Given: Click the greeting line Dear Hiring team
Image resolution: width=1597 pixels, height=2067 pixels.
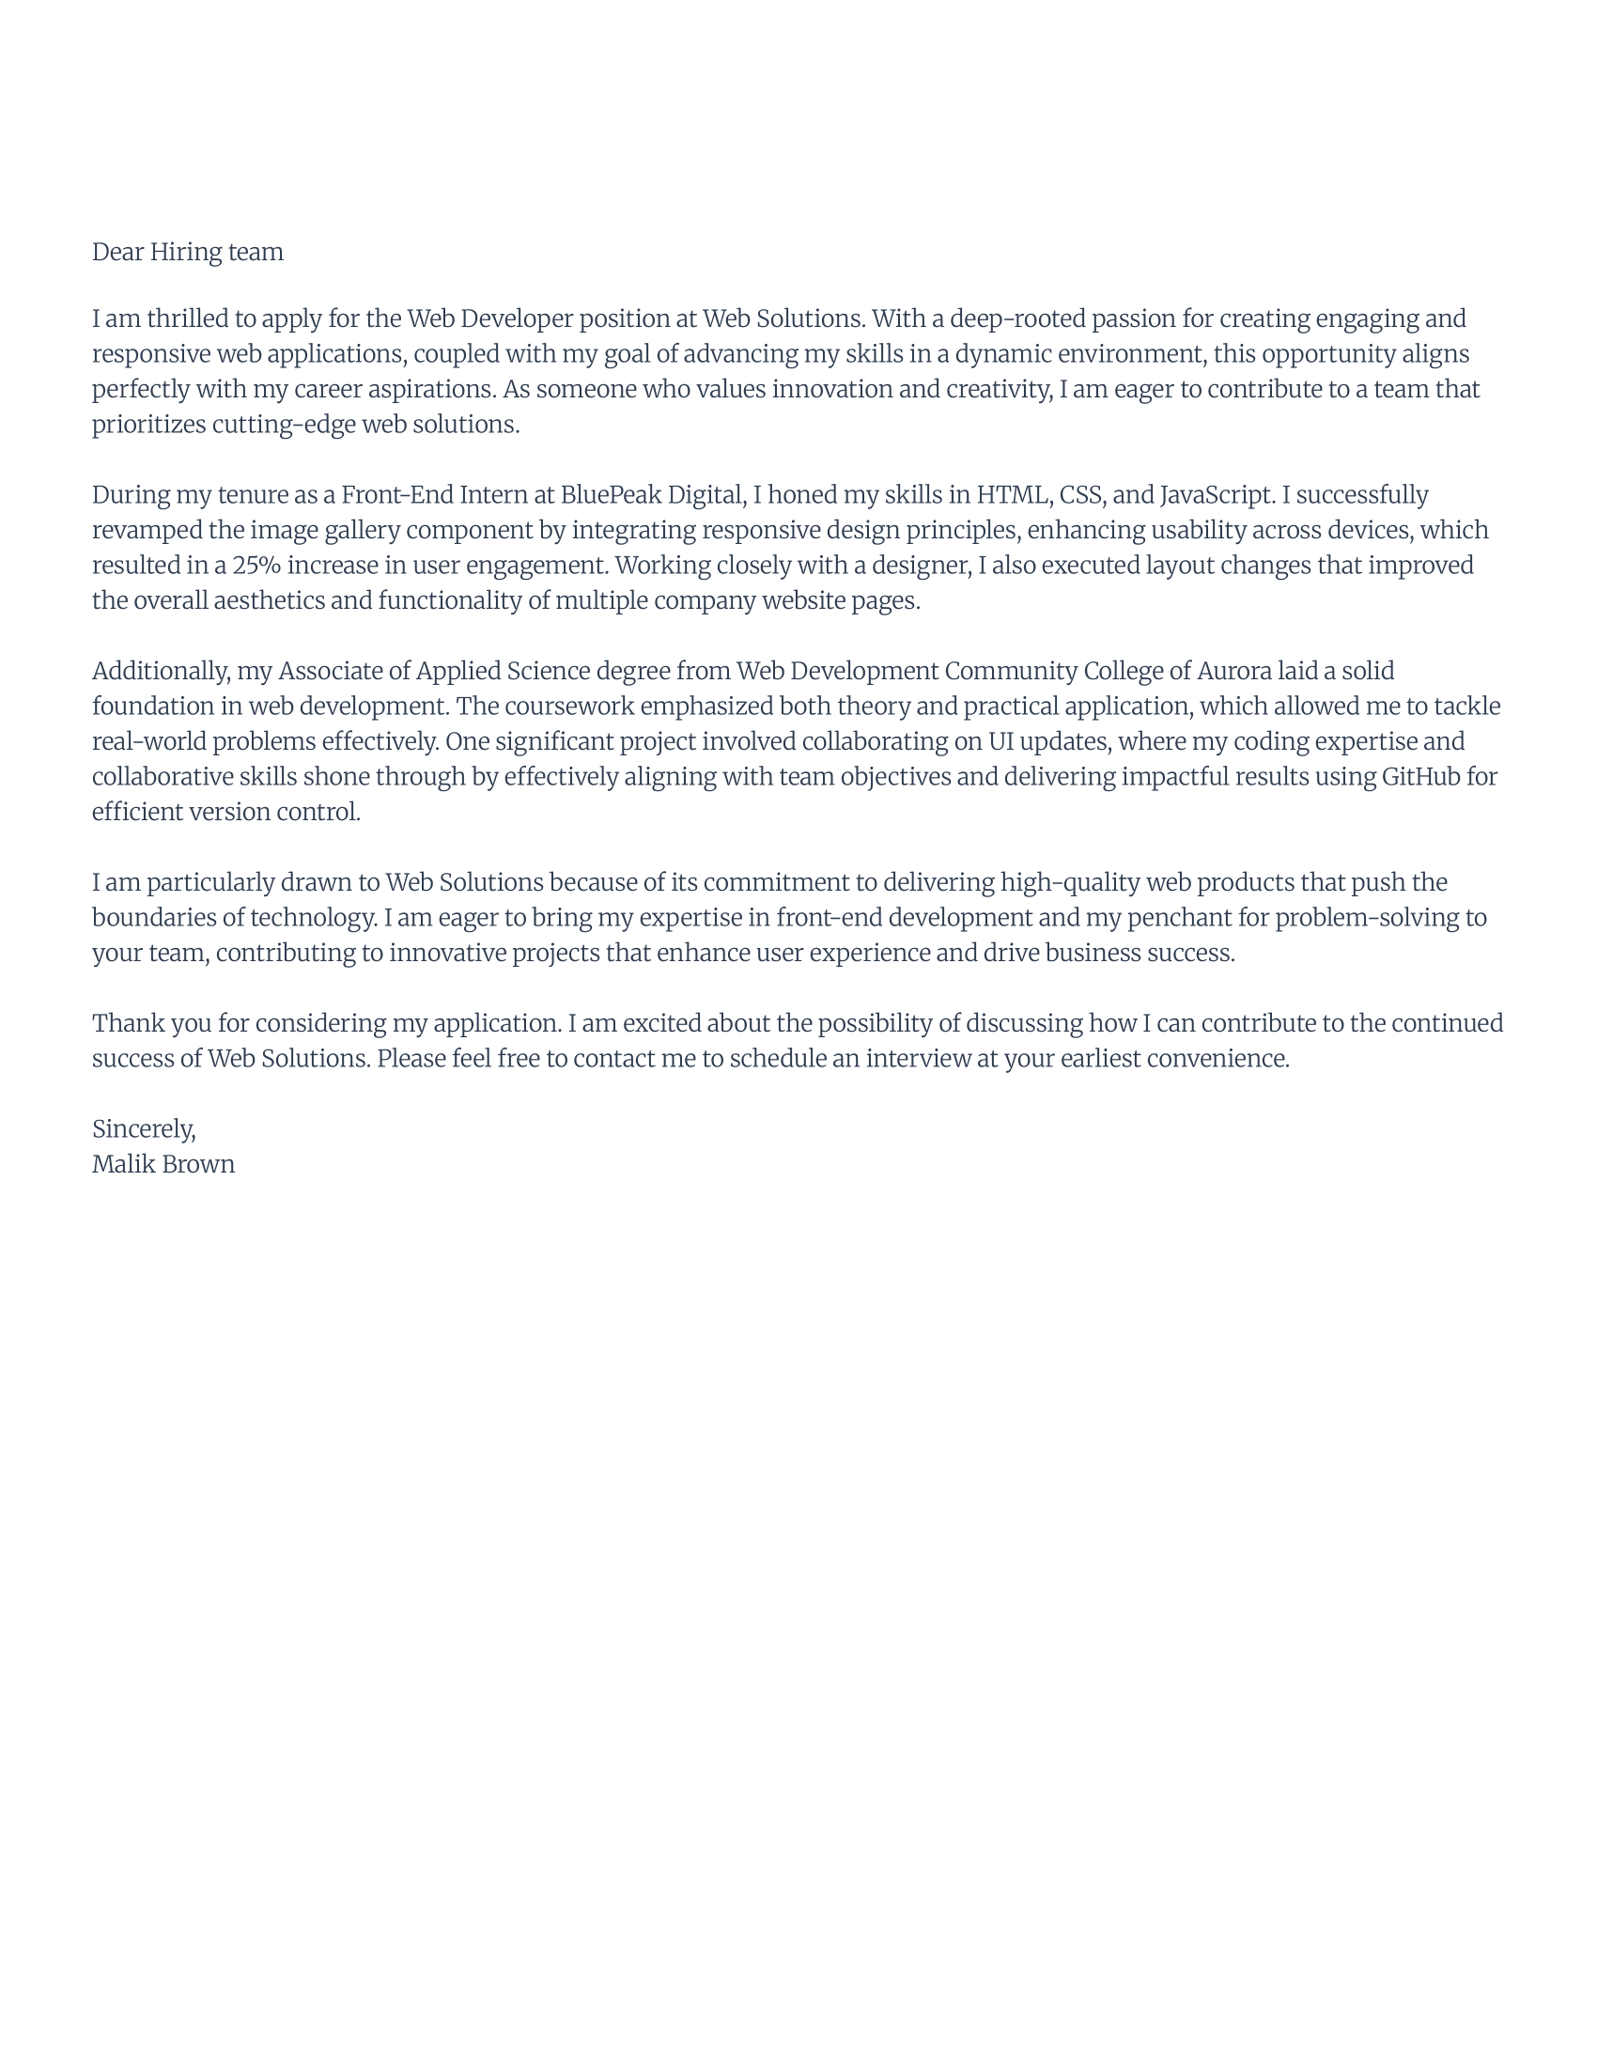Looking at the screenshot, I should tap(187, 252).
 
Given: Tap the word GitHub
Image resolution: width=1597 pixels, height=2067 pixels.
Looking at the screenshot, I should tap(1421, 777).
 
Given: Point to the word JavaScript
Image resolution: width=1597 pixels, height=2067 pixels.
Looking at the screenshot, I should tap(1216, 495).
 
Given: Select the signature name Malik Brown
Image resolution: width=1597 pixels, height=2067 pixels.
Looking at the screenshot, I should tap(163, 1164).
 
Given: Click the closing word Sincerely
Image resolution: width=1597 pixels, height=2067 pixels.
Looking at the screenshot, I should tap(143, 1129).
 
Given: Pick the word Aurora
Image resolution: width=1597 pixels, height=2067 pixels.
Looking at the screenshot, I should tap(1233, 671).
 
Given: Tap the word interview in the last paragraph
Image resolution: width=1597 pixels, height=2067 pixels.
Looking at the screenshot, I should tap(918, 1058).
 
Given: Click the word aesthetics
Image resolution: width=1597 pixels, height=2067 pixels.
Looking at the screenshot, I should tap(269, 601).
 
